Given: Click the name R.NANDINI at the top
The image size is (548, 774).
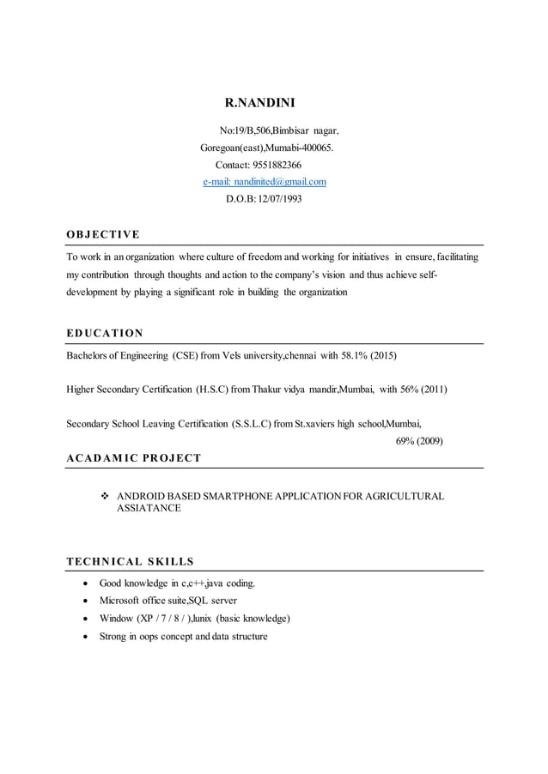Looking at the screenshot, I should [x=259, y=104].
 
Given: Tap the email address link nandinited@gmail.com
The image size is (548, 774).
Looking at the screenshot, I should [x=265, y=182].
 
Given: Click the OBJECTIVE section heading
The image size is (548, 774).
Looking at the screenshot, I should [x=103, y=235].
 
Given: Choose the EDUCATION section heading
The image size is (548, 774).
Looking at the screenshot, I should [x=105, y=333].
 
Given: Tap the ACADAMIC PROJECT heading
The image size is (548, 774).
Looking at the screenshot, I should [x=133, y=457].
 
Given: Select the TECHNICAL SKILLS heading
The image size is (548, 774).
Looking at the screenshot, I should [x=130, y=562].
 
